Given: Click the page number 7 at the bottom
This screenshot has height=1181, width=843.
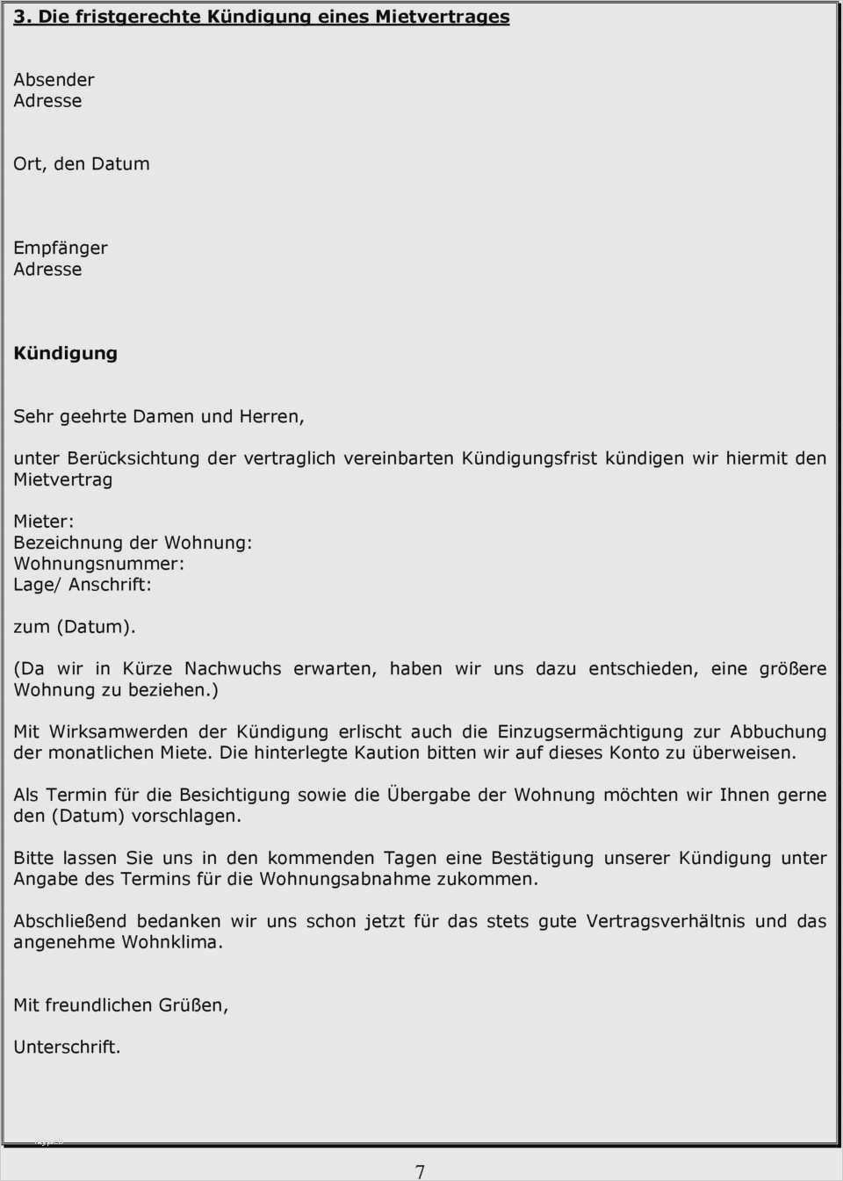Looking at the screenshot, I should [x=420, y=1171].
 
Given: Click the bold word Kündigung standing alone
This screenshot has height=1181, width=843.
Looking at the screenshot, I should [x=65, y=353].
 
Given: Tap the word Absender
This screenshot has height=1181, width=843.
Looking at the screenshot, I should [x=54, y=80].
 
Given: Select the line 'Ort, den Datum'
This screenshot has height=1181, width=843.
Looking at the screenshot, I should [x=81, y=164].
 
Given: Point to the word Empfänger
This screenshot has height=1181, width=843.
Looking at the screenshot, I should [x=60, y=248].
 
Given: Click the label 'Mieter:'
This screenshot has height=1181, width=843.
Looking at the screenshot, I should [x=43, y=522].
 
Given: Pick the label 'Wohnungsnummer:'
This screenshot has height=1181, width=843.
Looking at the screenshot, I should [x=98, y=564].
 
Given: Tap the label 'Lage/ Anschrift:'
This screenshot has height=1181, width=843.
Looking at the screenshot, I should [x=82, y=585].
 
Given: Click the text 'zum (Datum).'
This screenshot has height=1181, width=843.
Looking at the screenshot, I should [x=74, y=627].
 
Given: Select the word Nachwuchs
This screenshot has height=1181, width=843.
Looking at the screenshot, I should [x=233, y=669].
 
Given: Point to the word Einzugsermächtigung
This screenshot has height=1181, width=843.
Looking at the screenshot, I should [x=590, y=731].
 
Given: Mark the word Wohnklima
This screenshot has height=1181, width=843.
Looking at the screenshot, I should [x=171, y=942].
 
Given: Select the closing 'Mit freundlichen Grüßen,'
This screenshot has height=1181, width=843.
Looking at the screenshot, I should [x=120, y=1005].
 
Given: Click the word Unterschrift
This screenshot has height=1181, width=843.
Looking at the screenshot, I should [x=66, y=1048].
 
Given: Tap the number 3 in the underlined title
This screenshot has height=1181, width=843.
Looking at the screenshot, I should [x=20, y=17].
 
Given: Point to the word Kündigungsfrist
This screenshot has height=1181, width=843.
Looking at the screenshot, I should [x=530, y=458].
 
